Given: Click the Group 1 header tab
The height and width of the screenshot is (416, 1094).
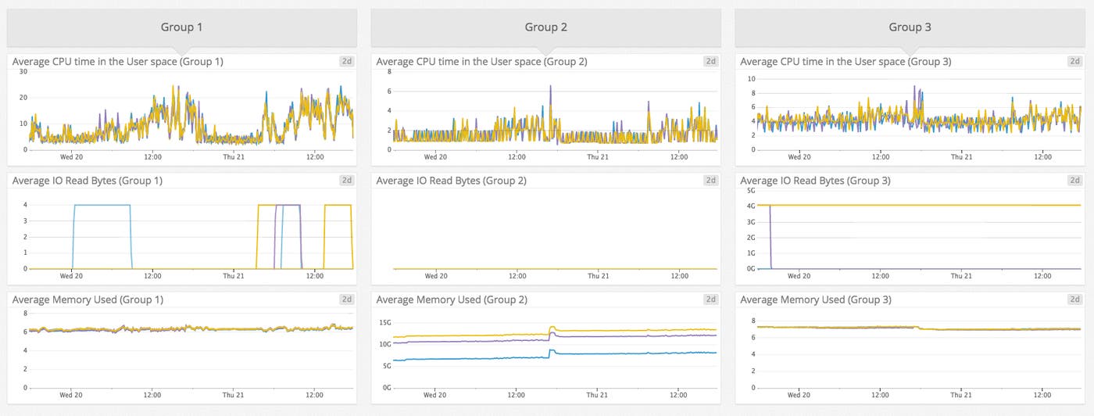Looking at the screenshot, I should tap(181, 27).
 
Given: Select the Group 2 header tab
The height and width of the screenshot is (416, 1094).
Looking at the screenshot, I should tap(545, 27).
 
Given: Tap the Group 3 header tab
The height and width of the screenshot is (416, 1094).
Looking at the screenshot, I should tap(910, 27).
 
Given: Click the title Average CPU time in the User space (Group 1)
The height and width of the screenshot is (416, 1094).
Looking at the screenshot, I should tap(118, 61).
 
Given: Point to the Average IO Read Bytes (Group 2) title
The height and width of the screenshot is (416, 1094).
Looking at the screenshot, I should tap(452, 181).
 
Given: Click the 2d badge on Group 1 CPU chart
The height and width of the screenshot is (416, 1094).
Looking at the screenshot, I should tap(347, 61).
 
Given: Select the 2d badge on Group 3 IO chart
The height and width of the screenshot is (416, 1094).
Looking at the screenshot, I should tap(1075, 181).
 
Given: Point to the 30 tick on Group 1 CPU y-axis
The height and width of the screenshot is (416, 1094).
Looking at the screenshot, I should tap(23, 72).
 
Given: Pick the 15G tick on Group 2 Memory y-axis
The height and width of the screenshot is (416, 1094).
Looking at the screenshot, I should tap(384, 323).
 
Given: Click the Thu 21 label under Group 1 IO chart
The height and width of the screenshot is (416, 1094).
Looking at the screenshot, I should tap(234, 276).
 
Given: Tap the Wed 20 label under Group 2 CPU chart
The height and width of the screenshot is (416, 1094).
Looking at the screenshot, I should tap(436, 156).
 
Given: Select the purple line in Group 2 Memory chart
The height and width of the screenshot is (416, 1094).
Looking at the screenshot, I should tap(469, 342).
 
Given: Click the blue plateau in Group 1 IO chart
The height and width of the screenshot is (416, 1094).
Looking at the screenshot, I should tap(102, 206).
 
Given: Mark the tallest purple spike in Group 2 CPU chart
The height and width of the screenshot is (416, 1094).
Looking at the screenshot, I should tap(550, 88).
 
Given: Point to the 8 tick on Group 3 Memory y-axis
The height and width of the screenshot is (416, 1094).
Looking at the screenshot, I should tap(753, 321).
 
